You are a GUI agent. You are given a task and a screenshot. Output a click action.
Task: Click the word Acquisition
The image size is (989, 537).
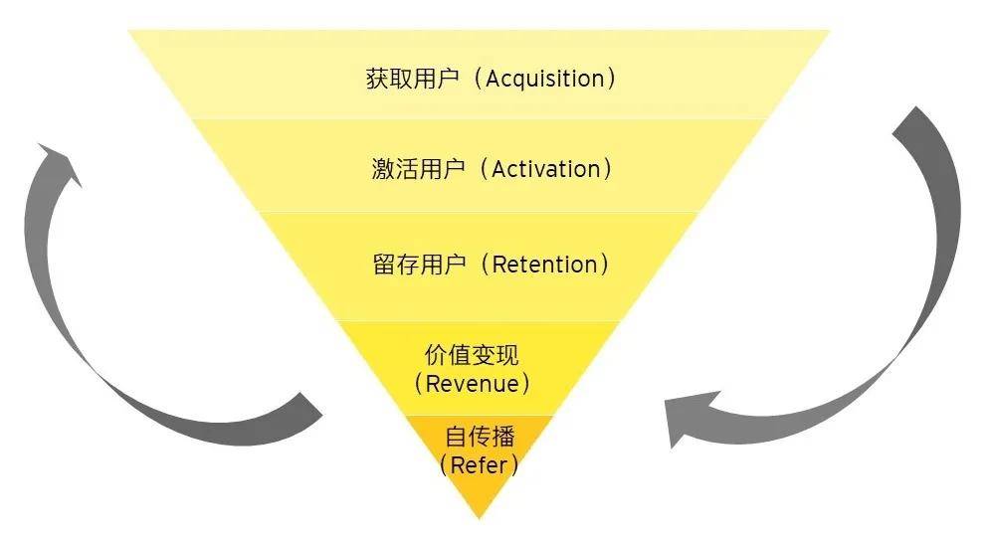544,80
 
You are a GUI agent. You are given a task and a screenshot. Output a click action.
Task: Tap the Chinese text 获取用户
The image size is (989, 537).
413,80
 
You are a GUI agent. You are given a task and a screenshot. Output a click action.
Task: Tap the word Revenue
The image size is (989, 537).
472,384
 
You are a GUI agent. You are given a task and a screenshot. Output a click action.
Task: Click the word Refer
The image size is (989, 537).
479,464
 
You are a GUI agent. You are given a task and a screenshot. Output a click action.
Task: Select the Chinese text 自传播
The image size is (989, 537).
480,437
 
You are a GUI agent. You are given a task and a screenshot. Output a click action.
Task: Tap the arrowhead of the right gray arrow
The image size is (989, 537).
687,418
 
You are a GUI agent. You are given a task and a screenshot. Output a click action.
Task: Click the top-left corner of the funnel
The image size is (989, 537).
130,32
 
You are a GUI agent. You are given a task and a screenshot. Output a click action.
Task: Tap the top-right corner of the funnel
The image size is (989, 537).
828,32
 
